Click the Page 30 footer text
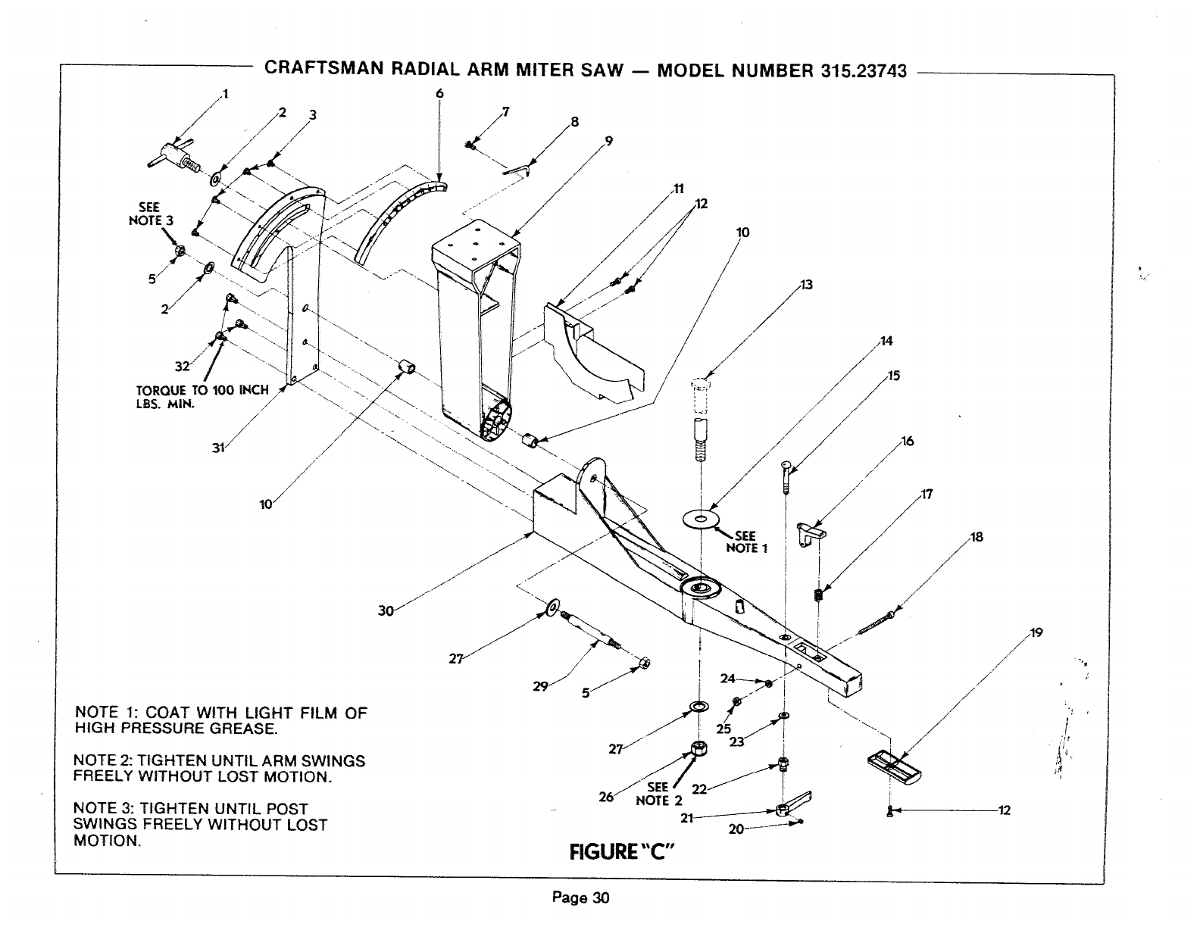[x=580, y=899]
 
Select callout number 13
[x=806, y=285]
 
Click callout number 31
[x=218, y=448]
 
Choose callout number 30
[x=386, y=611]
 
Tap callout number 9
[x=608, y=140]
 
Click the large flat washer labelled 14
[x=701, y=519]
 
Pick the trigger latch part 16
[x=812, y=530]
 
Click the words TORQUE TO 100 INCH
[x=202, y=391]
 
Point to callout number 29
[x=539, y=686]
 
